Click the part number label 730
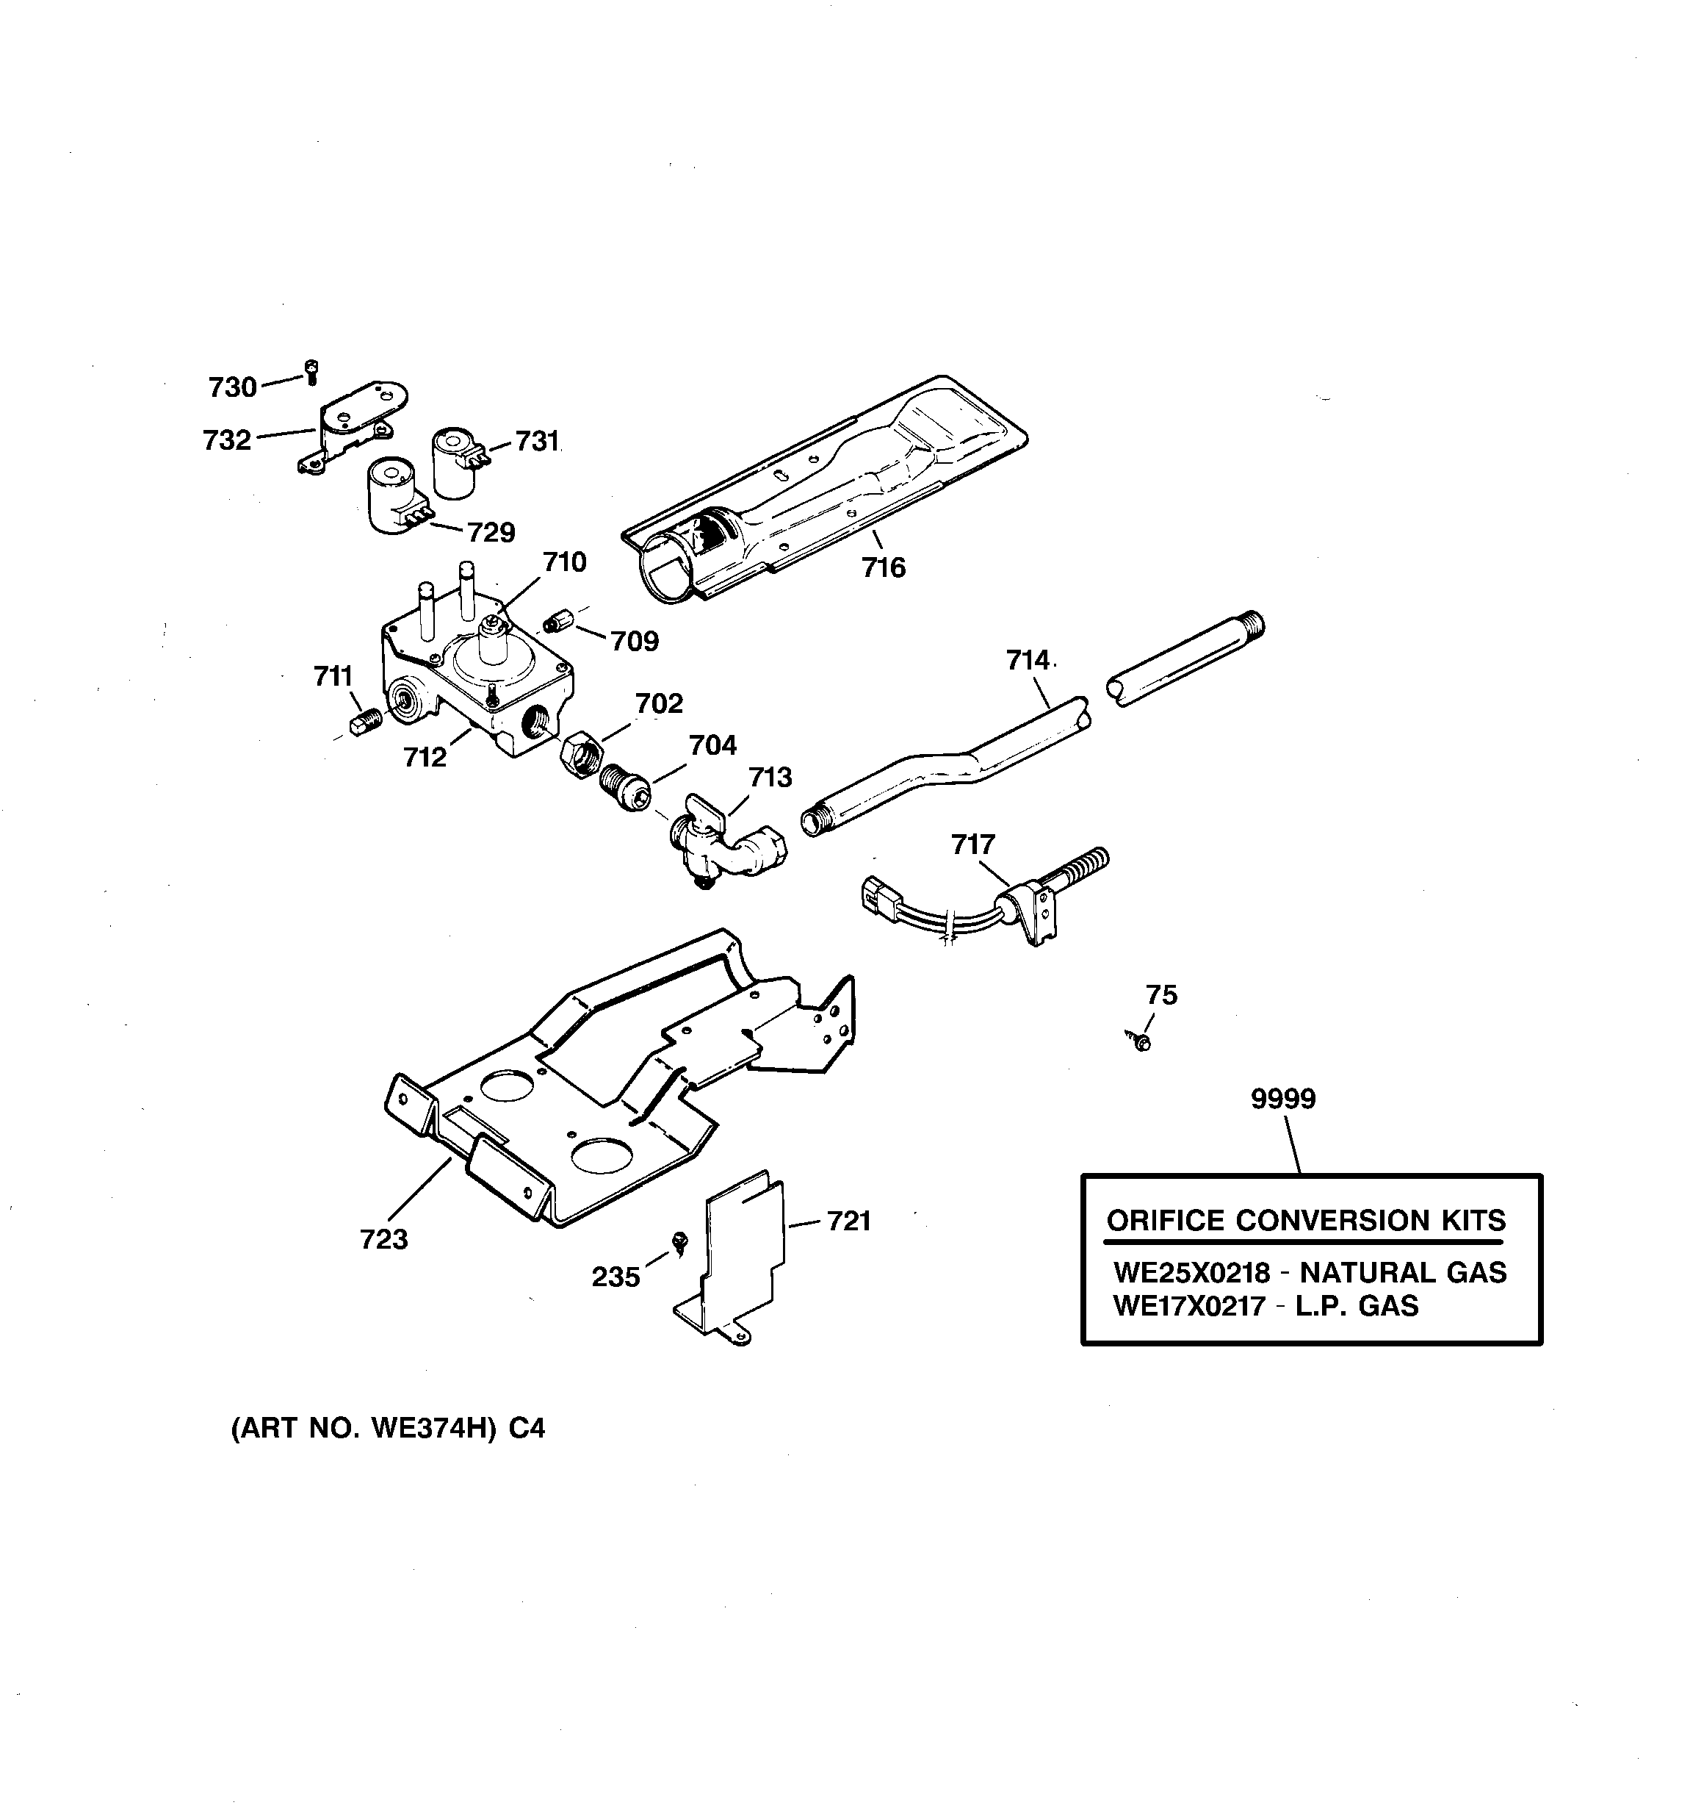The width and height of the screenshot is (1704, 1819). pyautogui.click(x=232, y=388)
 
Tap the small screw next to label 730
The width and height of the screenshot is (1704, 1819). pyautogui.click(x=312, y=370)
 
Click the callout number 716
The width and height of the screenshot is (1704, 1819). pyautogui.click(x=883, y=568)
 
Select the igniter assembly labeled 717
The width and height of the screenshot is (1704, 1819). pyautogui.click(x=1015, y=900)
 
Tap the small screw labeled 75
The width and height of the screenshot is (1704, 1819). pyautogui.click(x=1140, y=1041)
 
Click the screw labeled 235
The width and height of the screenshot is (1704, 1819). pyautogui.click(x=679, y=1241)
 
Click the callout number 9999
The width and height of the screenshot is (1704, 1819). pyautogui.click(x=1282, y=1099)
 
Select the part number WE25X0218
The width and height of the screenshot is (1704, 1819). pyautogui.click(x=1191, y=1273)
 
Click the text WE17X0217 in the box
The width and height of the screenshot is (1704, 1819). pyautogui.click(x=1189, y=1306)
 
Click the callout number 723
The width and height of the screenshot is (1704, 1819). pyautogui.click(x=383, y=1240)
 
